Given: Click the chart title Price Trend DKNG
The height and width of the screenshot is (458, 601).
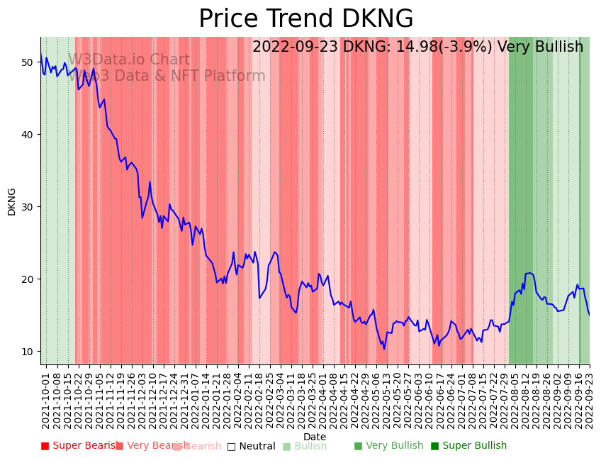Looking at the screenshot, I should click(305, 19).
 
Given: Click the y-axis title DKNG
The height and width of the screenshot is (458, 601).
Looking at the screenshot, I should click(11, 201).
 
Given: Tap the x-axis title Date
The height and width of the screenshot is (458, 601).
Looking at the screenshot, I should click(315, 437).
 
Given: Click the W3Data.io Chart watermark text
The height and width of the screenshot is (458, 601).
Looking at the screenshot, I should click(128, 60).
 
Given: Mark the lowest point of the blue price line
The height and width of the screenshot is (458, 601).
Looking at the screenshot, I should click(384, 349).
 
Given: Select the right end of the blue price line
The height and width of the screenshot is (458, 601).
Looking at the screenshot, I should click(589, 315).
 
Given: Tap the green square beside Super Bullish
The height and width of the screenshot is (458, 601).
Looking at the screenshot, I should click(434, 446).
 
